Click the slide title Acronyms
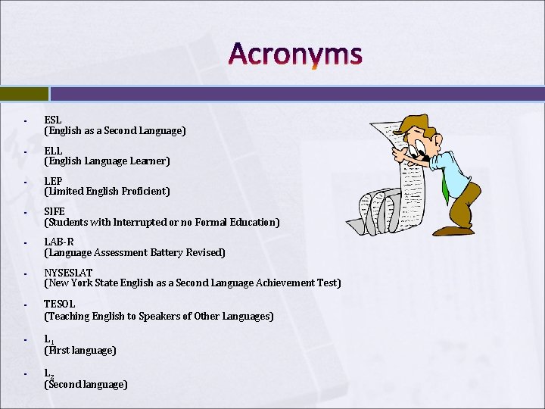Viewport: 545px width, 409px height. click(295, 55)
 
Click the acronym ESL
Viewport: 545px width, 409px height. click(53, 120)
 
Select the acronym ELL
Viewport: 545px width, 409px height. click(53, 151)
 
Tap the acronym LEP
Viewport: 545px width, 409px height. click(53, 181)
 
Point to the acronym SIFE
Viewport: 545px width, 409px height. click(54, 211)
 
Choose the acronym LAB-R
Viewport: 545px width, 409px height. click(58, 242)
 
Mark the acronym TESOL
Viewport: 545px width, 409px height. click(60, 304)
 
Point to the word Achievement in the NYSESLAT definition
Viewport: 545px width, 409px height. click(276, 283)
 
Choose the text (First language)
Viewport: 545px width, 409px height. click(80, 351)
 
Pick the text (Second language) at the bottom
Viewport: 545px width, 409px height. click(86, 385)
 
